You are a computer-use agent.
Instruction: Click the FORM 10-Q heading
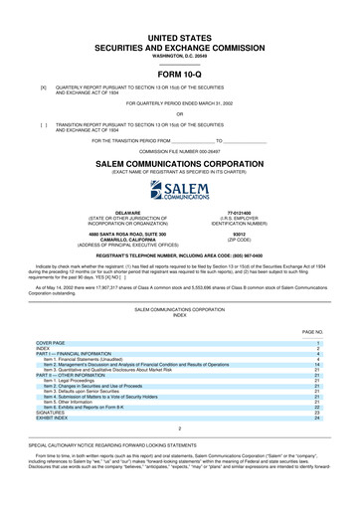point(180,75)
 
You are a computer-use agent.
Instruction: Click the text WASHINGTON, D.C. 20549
point(180,57)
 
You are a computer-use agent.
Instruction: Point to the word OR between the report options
point(180,112)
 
